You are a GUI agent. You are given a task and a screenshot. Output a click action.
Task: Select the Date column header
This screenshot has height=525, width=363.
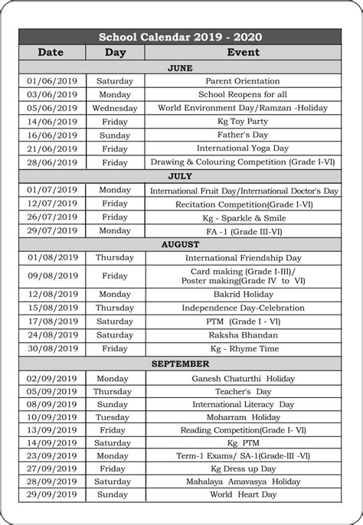(x=51, y=52)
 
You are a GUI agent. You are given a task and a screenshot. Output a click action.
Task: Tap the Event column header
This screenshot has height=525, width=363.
(x=243, y=52)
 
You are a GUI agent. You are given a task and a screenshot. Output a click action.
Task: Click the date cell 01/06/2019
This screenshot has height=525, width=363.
(x=52, y=81)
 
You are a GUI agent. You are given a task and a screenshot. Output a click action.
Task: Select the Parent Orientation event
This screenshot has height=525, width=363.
(x=243, y=81)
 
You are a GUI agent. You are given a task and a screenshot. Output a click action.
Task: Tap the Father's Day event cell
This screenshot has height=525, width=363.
(x=243, y=135)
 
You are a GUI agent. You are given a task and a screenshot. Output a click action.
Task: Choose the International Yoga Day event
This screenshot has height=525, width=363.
(x=243, y=148)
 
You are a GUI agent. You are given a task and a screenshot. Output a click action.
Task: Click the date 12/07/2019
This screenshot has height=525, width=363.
(x=52, y=204)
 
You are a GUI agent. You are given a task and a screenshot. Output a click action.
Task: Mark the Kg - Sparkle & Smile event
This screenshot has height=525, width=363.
(x=243, y=217)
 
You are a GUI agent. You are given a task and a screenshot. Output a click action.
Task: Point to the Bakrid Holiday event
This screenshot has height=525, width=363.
(x=243, y=294)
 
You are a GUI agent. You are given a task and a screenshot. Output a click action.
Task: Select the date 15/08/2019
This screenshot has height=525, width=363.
(x=52, y=308)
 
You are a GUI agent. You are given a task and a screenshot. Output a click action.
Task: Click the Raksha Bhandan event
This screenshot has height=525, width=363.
(x=243, y=334)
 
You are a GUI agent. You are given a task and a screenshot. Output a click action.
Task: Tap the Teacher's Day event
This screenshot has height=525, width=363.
(x=243, y=391)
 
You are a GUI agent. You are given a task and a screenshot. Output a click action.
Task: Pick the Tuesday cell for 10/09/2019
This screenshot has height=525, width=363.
(x=114, y=417)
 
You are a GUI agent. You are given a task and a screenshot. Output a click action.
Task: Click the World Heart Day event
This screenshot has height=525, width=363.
(x=243, y=495)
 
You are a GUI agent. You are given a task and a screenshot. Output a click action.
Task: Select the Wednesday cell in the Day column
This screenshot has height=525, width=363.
(x=114, y=108)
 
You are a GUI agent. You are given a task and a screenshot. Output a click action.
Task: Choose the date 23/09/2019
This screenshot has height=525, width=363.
(x=52, y=456)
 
